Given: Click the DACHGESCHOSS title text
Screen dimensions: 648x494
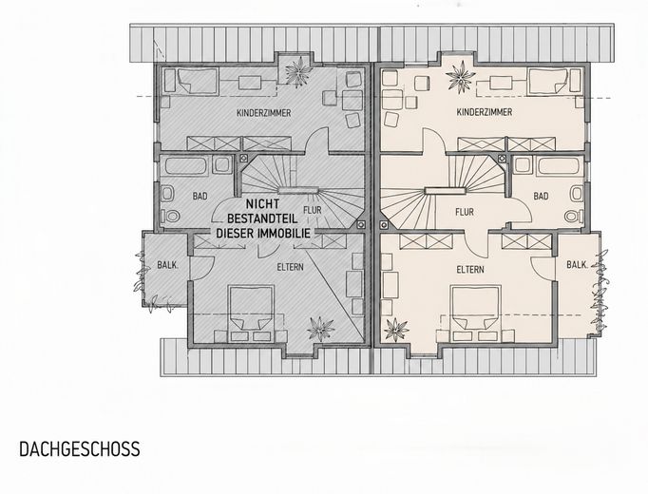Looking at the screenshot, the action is (80, 449).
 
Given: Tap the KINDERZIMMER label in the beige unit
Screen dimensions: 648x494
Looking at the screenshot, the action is (485, 112).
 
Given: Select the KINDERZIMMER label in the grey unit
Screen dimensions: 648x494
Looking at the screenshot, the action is (263, 113).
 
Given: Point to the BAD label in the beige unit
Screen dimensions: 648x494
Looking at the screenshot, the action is (541, 197).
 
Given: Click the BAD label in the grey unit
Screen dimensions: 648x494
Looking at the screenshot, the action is (200, 197).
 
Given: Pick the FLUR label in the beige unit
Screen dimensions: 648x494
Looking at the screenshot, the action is (465, 212).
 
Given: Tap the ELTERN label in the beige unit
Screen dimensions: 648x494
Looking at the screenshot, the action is (470, 270).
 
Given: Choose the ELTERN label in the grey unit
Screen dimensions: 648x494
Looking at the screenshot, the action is (290, 267).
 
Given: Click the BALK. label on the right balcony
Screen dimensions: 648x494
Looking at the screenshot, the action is (578, 265).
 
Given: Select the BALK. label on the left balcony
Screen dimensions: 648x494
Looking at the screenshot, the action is (168, 265).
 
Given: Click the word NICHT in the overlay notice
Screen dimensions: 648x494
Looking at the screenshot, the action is (263, 204).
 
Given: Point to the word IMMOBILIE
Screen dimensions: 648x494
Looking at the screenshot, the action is (284, 234).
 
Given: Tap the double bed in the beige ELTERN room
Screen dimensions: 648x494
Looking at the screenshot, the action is (476, 313).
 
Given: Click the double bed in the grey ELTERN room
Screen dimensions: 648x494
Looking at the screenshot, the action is (252, 313).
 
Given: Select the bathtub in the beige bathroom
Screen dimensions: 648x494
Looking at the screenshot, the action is (559, 165).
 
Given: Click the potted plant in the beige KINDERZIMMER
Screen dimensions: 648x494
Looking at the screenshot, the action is (461, 77).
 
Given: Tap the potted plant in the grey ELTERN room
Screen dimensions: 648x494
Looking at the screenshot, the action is (320, 330).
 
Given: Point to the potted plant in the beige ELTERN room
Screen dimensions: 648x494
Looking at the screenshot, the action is (396, 330).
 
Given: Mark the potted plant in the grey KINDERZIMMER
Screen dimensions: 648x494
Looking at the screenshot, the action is (297, 72).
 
